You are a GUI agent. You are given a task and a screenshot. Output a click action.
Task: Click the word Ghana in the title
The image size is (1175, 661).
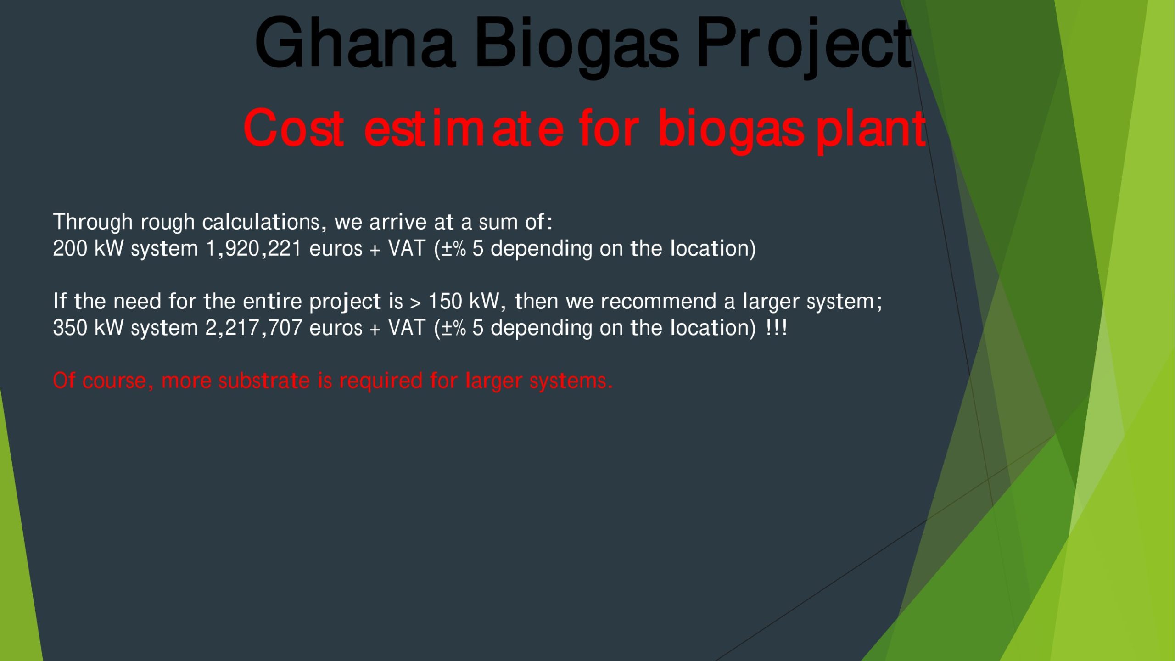(x=355, y=43)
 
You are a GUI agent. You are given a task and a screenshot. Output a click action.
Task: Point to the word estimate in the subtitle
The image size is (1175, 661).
(x=464, y=128)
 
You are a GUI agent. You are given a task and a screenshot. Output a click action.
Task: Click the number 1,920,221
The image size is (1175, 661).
(x=254, y=249)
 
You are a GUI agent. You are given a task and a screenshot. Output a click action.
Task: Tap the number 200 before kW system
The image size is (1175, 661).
(x=70, y=248)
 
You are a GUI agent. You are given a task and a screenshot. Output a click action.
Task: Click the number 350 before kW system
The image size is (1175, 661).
(x=70, y=328)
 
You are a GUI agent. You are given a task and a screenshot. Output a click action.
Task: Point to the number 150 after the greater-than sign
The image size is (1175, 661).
(x=445, y=302)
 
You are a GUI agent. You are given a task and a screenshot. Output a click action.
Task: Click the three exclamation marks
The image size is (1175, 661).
(x=777, y=328)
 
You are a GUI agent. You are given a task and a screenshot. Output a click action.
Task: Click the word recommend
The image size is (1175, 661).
(x=659, y=302)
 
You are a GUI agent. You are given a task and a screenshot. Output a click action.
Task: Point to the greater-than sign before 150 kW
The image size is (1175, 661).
(x=415, y=303)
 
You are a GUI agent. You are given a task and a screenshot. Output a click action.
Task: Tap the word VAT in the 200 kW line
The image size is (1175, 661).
(x=407, y=248)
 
